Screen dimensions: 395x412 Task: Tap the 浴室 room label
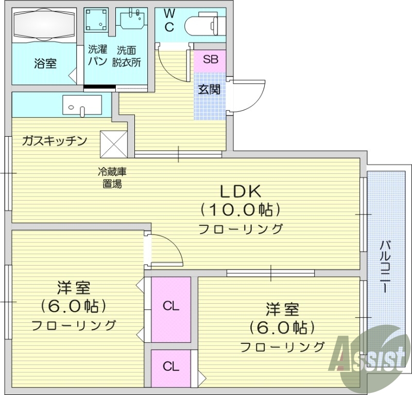tap(45, 64)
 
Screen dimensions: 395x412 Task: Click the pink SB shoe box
tap(210, 60)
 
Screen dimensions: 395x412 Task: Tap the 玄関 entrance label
tap(210, 89)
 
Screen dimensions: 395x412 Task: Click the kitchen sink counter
tap(82, 105)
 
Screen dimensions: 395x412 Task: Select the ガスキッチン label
tap(54, 141)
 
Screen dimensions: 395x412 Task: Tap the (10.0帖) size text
tap(241, 210)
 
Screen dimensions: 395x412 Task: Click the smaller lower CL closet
tap(171, 367)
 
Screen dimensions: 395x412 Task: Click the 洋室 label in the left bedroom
tap(74, 287)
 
